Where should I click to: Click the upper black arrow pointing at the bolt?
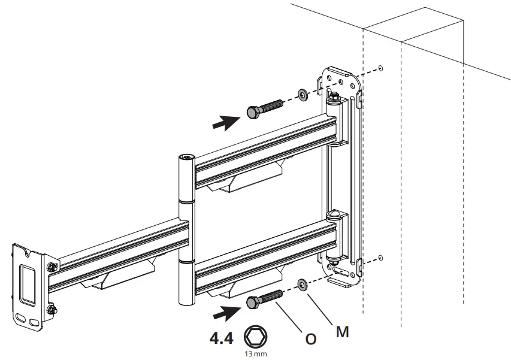tap(228, 122)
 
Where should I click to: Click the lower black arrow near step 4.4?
tap(228, 311)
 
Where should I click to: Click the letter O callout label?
tap(310, 339)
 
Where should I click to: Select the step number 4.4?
tap(220, 338)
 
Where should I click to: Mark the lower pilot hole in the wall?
tap(382, 258)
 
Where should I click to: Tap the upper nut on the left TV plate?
tap(52, 267)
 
